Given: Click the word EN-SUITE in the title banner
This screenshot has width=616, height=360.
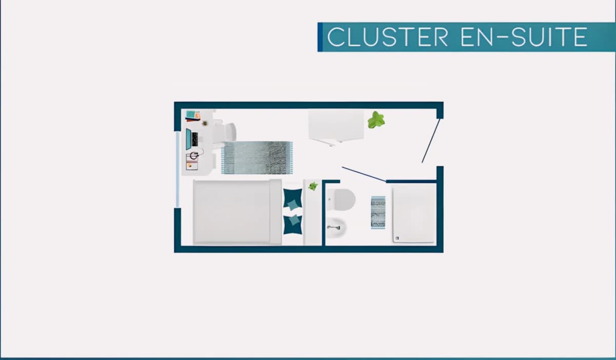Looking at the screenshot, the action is coord(525,37).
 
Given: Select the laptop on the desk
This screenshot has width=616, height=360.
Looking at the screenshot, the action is coord(191,139).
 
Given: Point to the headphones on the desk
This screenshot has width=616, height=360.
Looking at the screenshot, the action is coord(194,156).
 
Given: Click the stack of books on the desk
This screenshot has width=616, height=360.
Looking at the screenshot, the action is coord(193,116).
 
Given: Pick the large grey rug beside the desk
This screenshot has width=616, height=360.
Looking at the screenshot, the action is coord(257,158).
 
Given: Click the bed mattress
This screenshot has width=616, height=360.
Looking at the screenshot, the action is coord(237,212).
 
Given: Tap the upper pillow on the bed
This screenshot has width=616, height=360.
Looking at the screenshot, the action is coord(293,199).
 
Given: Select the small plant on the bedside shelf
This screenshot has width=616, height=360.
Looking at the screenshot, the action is coord(313,186).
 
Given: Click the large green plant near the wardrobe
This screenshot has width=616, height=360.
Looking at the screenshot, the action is coord(376,120).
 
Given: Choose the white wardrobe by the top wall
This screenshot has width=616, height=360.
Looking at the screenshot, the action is coord(336,126).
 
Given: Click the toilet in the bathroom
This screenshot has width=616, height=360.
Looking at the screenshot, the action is coord(341,200).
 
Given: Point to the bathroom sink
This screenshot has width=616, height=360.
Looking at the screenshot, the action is coord(336,228).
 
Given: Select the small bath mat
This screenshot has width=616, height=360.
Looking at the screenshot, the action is coord(378,212).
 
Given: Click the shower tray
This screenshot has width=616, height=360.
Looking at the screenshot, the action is coord(414,214).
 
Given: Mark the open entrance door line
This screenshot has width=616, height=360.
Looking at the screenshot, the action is coord(431,141).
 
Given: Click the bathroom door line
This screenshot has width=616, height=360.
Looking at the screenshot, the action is coord(364,175).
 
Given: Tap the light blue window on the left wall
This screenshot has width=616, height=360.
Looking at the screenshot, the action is coord(178,169).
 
